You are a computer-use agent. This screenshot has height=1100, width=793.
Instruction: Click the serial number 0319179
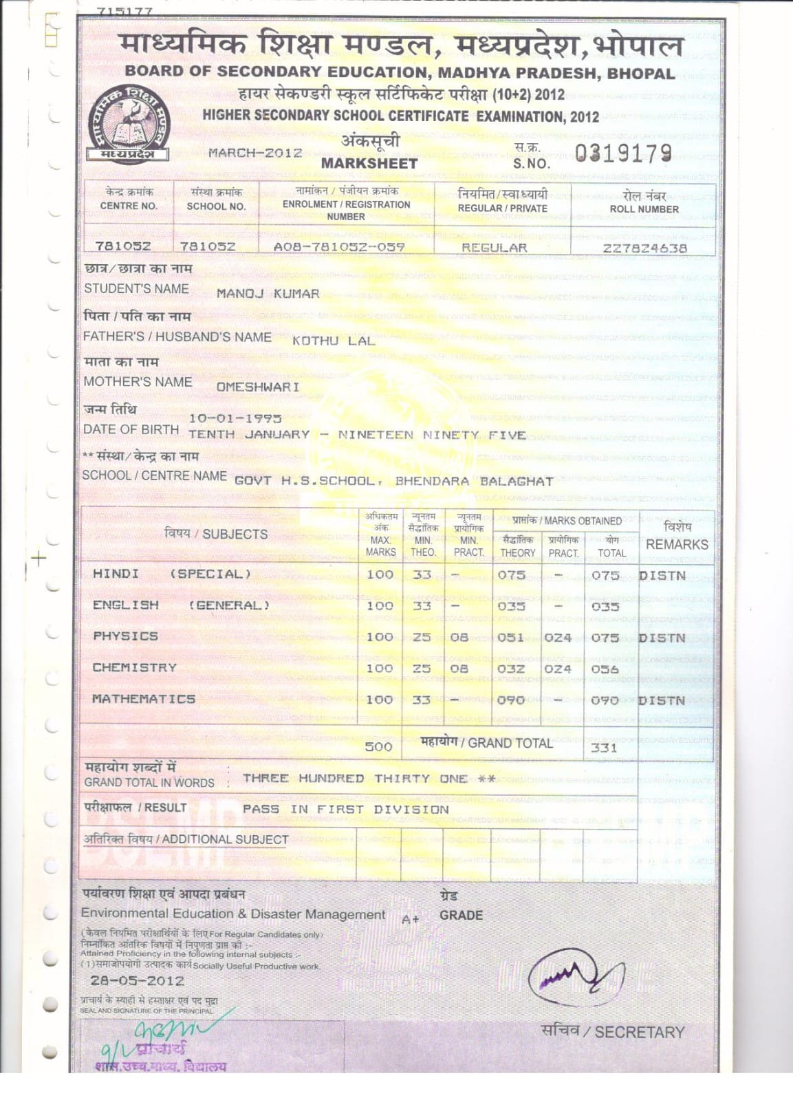tap(622, 153)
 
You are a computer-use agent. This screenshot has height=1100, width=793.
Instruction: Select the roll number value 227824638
tap(644, 248)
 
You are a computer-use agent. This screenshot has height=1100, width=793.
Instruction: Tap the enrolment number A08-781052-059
tap(339, 247)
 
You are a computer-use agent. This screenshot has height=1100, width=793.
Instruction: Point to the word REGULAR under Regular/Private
tap(494, 248)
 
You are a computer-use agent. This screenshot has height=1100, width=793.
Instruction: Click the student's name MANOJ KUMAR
tap(268, 294)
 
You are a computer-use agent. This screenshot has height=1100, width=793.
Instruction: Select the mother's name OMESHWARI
tap(258, 387)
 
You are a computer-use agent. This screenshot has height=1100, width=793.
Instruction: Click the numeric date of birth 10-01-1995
tap(235, 418)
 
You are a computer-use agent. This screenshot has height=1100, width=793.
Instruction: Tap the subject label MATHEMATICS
tap(144, 699)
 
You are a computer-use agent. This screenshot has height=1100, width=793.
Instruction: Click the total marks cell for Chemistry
tap(605, 669)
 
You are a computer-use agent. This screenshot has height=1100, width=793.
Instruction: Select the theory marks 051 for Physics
tap(510, 638)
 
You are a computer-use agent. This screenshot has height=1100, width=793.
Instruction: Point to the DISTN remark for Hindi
tap(662, 575)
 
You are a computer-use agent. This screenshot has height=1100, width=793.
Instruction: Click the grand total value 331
tap(604, 748)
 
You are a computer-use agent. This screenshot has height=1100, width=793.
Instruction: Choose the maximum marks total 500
tap(378, 747)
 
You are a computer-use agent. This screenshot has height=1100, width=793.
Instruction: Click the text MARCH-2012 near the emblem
tap(255, 153)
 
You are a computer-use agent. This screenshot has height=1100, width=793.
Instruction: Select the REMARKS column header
tap(677, 544)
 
